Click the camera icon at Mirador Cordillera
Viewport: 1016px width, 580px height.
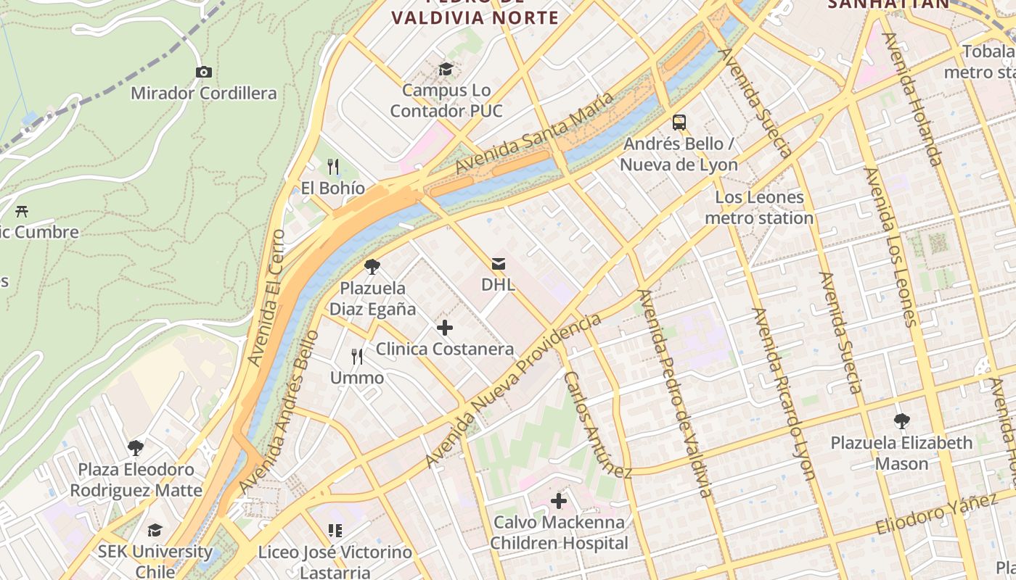[x=204, y=72]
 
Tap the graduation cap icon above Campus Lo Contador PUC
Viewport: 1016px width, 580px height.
[x=446, y=69]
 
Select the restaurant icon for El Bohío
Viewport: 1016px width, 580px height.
[x=333, y=167]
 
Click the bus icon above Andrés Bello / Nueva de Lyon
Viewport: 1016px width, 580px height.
[x=679, y=123]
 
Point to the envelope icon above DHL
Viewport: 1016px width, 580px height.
[x=499, y=263]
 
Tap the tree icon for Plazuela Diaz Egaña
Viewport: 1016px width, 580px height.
[x=372, y=267]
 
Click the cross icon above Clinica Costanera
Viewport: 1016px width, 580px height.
[x=445, y=328]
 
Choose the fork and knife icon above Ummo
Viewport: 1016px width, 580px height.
[x=357, y=357]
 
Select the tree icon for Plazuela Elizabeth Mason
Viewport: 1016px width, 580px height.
[x=901, y=421]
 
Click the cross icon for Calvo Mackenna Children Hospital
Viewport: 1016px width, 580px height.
[x=559, y=501]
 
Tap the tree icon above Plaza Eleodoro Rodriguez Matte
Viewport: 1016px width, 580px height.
[x=136, y=448]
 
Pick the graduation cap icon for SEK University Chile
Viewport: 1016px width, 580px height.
[x=155, y=531]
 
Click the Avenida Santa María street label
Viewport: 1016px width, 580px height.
[x=535, y=132]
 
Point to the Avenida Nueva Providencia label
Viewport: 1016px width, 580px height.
[x=514, y=390]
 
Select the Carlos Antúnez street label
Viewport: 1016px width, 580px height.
[x=598, y=426]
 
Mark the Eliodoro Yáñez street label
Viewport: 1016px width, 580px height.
[x=936, y=513]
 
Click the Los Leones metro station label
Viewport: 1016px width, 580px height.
[x=759, y=207]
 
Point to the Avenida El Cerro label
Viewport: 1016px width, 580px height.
[x=266, y=297]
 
